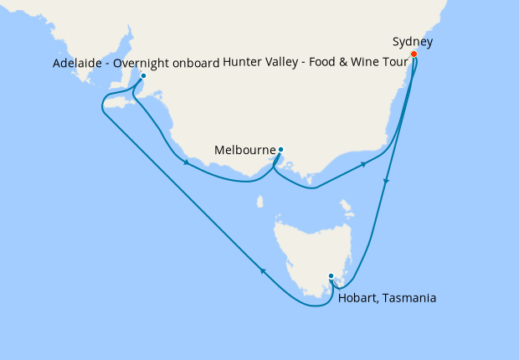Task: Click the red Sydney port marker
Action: (x=414, y=54)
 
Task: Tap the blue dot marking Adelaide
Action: (x=143, y=75)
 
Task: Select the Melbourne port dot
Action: (x=280, y=150)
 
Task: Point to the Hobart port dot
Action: (x=331, y=275)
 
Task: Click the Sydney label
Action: (x=413, y=41)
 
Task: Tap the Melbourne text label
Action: (x=244, y=151)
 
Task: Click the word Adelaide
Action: (x=77, y=63)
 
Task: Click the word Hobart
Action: (x=358, y=297)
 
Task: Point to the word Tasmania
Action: (x=409, y=297)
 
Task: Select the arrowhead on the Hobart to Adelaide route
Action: (x=263, y=270)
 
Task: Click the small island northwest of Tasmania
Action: (x=259, y=202)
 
